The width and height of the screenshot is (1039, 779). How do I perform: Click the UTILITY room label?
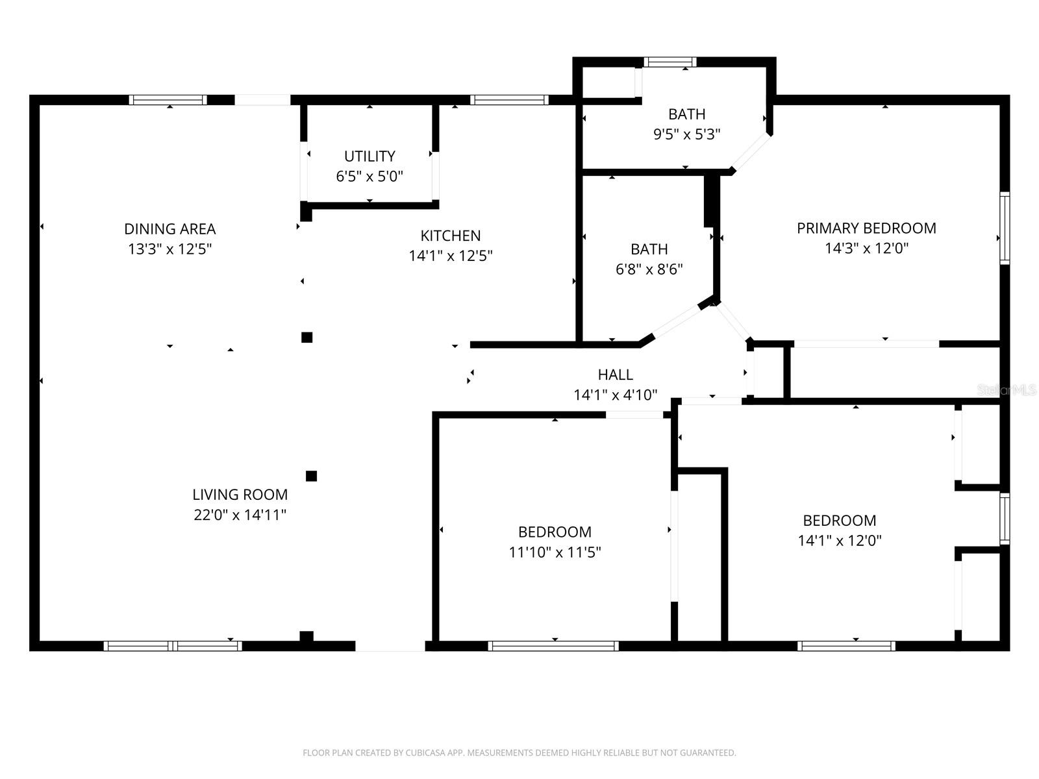(369, 156)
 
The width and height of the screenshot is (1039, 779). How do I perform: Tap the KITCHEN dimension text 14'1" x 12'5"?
(450, 256)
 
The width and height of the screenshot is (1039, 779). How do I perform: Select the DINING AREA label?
(169, 229)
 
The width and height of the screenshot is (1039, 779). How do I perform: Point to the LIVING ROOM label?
(240, 494)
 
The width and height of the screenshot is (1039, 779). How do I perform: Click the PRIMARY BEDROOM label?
(866, 228)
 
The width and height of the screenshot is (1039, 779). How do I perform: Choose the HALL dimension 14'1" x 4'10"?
(615, 395)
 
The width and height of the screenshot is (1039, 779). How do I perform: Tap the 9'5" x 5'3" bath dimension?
(686, 134)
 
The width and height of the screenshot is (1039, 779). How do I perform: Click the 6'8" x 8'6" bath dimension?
(649, 269)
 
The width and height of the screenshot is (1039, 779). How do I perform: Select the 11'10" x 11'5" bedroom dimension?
(555, 552)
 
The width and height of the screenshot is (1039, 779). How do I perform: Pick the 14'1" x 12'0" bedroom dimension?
(840, 540)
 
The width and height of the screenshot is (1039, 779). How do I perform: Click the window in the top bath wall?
(670, 62)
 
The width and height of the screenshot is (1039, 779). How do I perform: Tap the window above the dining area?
(168, 100)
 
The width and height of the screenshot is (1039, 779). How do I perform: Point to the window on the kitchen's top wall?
(509, 100)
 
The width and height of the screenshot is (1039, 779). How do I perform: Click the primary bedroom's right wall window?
(1005, 228)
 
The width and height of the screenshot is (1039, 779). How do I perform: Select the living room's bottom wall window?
(173, 646)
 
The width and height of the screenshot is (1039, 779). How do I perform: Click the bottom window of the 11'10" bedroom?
(553, 646)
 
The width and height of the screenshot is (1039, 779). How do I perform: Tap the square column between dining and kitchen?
(307, 337)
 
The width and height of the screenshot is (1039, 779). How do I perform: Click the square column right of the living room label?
(311, 476)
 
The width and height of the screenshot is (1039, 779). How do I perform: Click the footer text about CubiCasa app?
(519, 753)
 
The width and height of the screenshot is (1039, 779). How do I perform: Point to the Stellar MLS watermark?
(1006, 389)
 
